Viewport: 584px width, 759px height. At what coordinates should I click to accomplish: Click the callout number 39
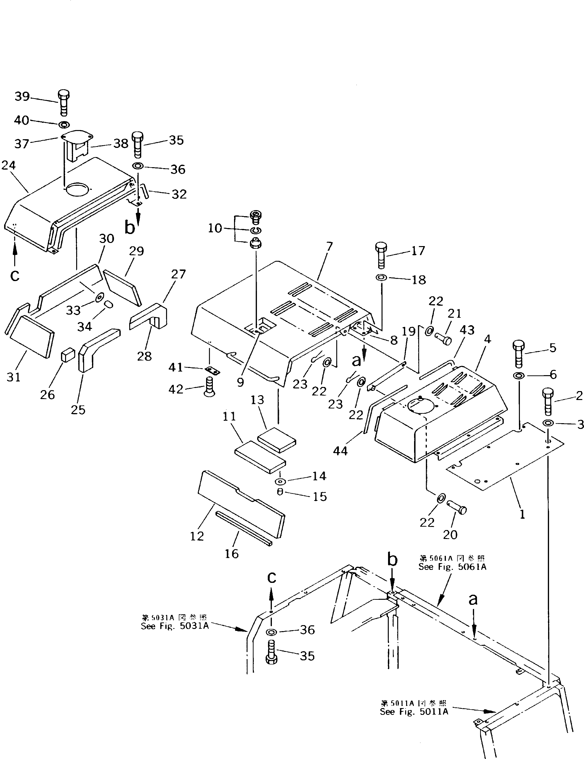pyautogui.click(x=22, y=97)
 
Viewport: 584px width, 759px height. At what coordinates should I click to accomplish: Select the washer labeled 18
pyautogui.click(x=382, y=278)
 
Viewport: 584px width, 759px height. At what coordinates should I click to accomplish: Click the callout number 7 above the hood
pyautogui.click(x=329, y=247)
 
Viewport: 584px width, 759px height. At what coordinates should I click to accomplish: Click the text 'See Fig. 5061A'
pyautogui.click(x=452, y=567)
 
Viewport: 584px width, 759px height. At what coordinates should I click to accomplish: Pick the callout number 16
pyautogui.click(x=232, y=553)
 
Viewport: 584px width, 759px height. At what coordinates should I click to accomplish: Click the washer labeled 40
pyautogui.click(x=64, y=124)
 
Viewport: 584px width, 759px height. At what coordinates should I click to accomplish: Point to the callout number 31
pyautogui.click(x=14, y=377)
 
